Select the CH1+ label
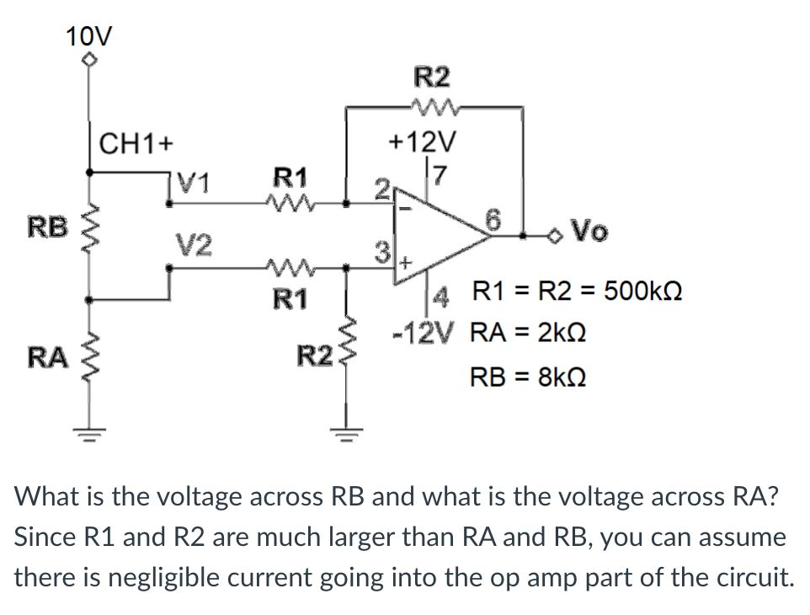[x=136, y=142]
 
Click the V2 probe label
[x=195, y=246]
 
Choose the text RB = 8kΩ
[x=525, y=377]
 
